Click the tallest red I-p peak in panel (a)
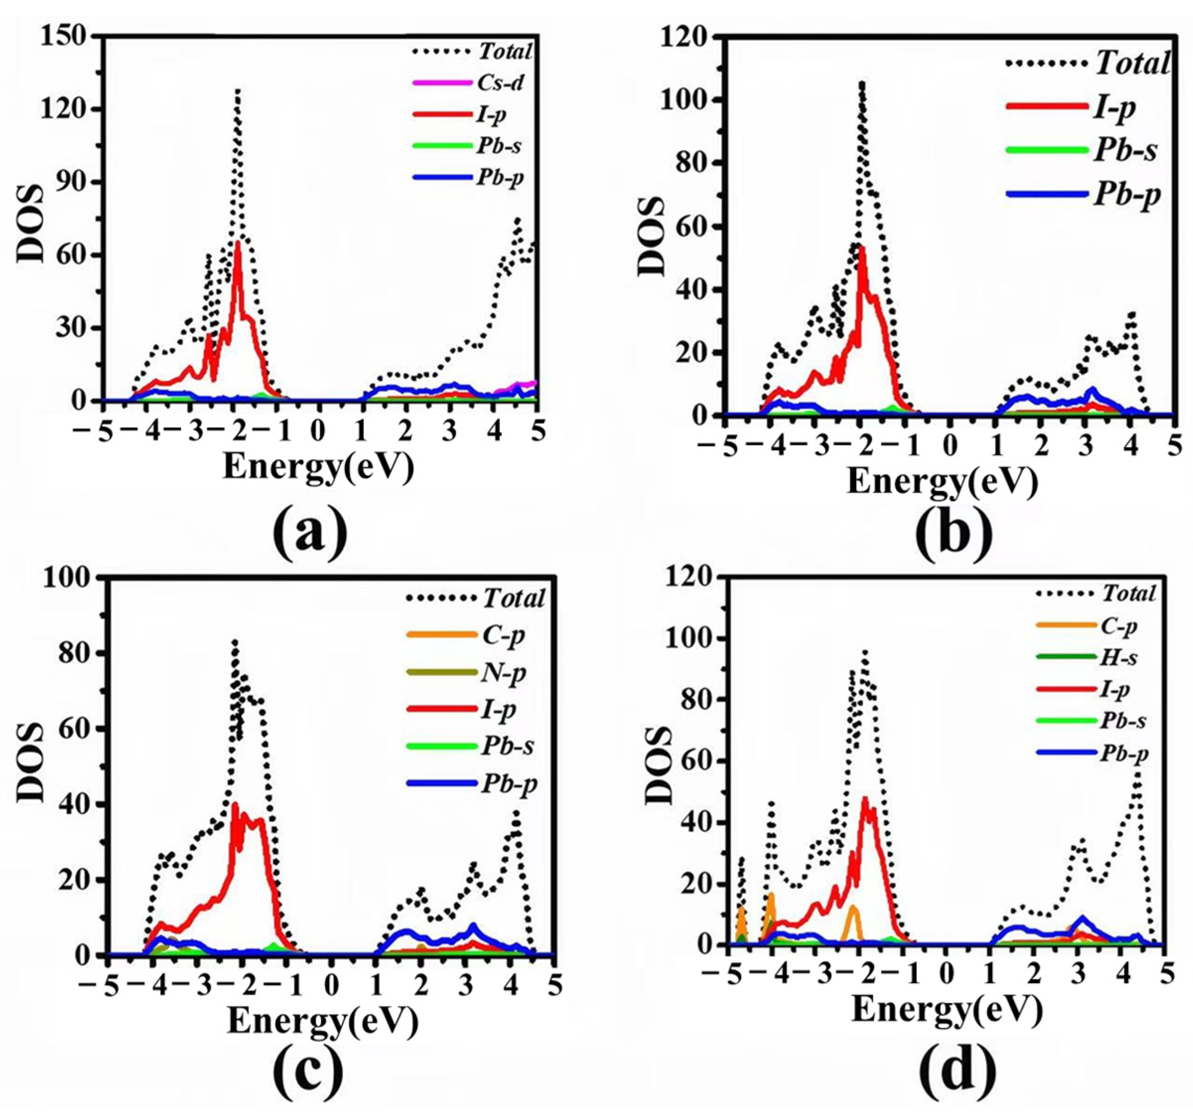[x=238, y=243]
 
